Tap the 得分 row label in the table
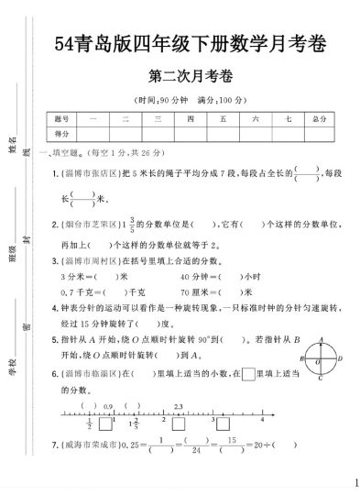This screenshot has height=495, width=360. pos(61,134)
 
